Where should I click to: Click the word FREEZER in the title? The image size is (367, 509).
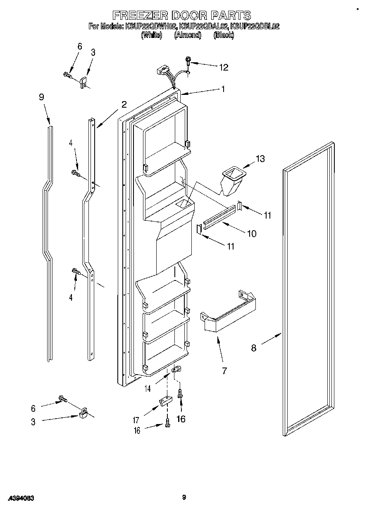coord(136,16)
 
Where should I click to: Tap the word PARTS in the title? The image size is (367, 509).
coord(230,16)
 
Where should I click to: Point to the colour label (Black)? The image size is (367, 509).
coord(224,35)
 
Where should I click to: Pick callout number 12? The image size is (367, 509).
coord(223,67)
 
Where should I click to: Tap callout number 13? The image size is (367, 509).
coord(260,159)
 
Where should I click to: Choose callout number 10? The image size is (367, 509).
coord(251,233)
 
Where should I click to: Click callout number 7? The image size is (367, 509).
coord(224,370)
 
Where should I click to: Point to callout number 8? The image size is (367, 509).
coord(253,348)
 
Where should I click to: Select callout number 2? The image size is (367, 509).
coord(124,104)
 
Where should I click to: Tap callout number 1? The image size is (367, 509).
coord(223,88)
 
